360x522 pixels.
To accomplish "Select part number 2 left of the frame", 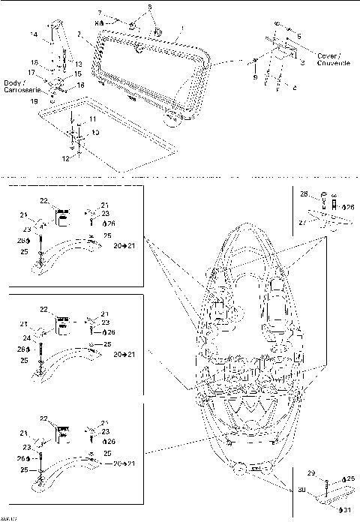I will (x=80, y=34).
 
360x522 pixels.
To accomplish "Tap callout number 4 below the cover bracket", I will (x=294, y=88).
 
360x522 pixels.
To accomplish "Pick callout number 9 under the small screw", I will (x=254, y=77).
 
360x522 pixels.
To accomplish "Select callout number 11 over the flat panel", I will (x=92, y=119).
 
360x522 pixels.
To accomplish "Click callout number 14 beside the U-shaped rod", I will (x=33, y=34).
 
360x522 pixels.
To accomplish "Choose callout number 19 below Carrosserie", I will (x=33, y=100).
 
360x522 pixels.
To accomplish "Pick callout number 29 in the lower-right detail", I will (x=311, y=472).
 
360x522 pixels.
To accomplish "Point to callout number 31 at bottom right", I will (x=349, y=510).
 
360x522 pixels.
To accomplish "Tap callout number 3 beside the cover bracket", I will (x=302, y=64).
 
